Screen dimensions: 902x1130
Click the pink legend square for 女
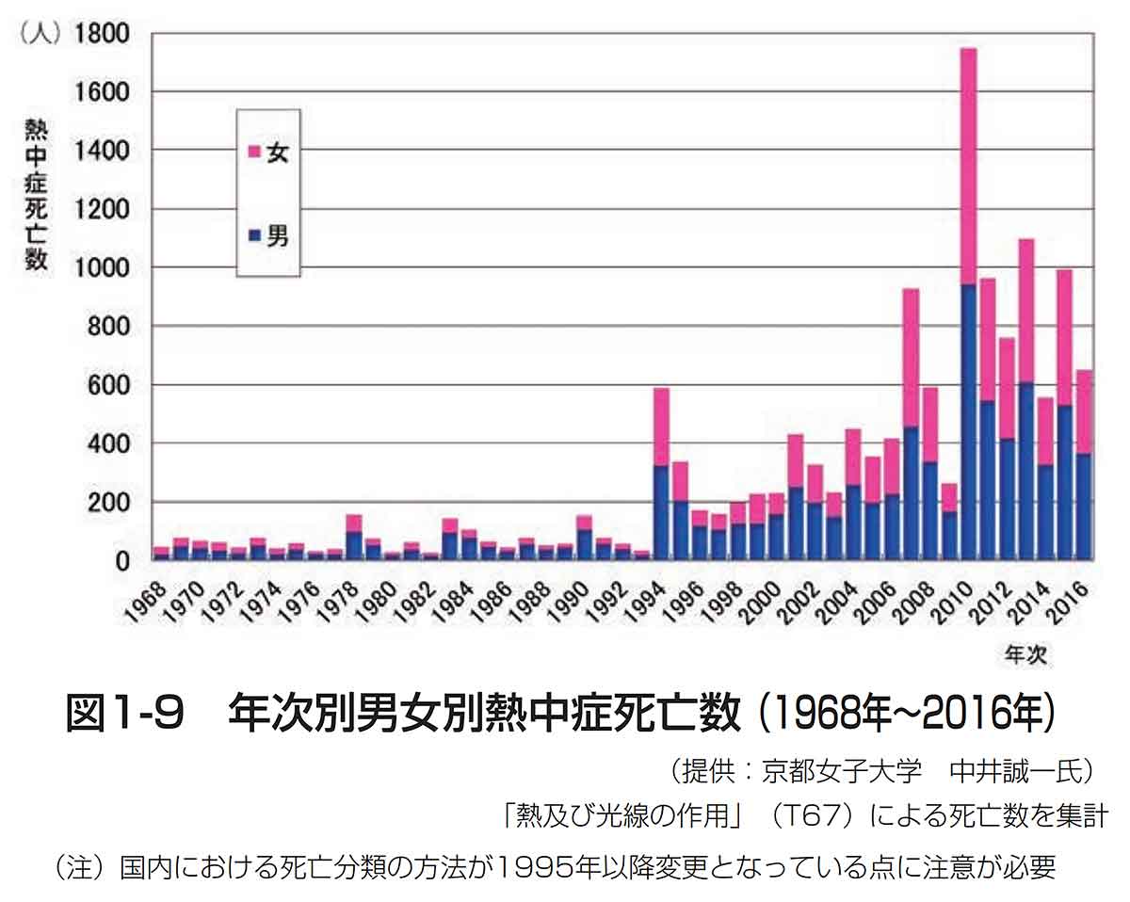coord(253,152)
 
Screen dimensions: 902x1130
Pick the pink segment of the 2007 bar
coord(911,358)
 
